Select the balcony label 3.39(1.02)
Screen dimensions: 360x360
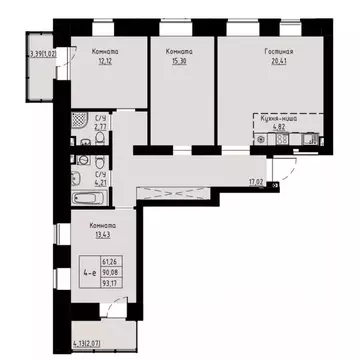tap(42, 54)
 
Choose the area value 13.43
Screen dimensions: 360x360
tap(97, 236)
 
